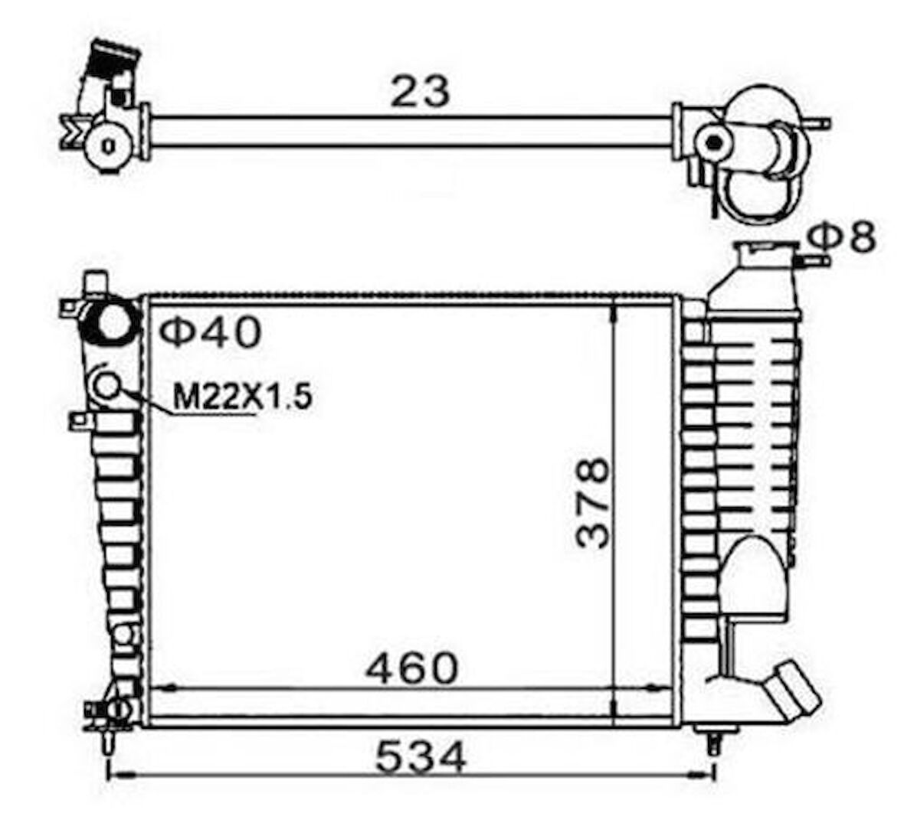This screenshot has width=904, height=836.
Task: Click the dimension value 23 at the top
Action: pos(419,92)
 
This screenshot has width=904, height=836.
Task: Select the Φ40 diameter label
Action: pos(210,332)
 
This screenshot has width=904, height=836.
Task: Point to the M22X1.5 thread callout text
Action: pos(243,397)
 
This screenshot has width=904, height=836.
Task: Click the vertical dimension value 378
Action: pos(592,502)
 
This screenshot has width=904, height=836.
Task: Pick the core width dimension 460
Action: pos(411,668)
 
